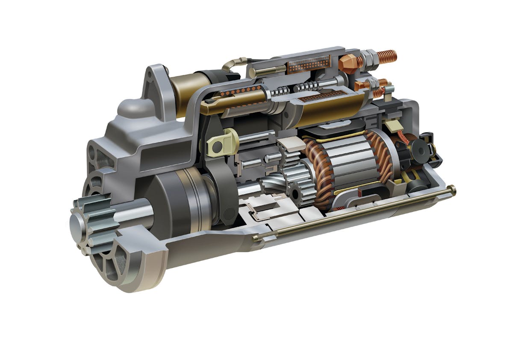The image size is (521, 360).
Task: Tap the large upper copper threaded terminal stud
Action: [x=387, y=57]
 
